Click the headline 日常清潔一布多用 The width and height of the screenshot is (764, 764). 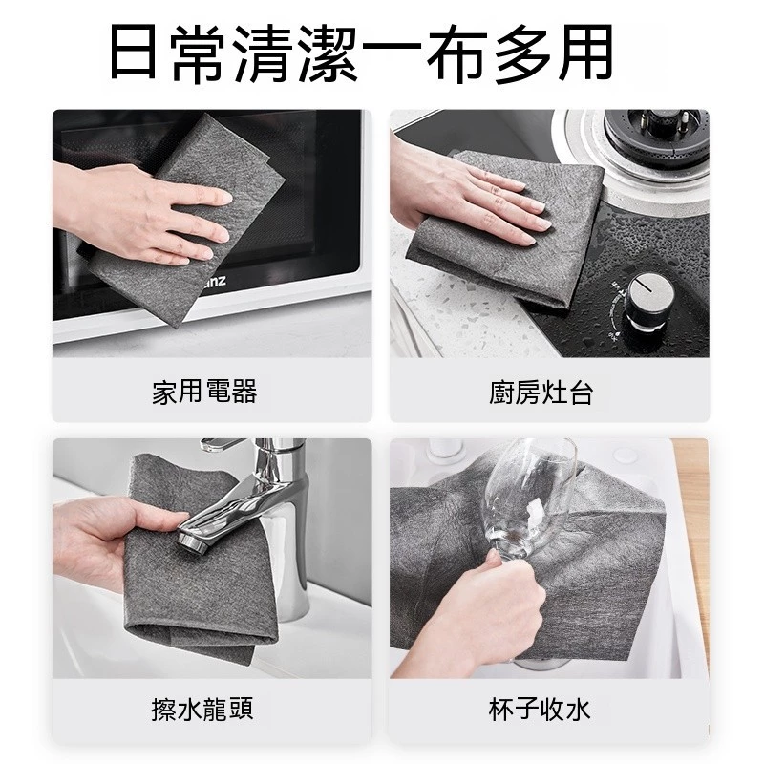click(361, 53)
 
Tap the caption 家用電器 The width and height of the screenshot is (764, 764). click(204, 392)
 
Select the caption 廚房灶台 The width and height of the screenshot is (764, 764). click(541, 393)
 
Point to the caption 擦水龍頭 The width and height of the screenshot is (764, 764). click(202, 709)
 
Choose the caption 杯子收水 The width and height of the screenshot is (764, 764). click(540, 710)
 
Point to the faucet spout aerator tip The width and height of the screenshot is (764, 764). click(193, 541)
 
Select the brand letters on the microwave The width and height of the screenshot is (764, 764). click(213, 282)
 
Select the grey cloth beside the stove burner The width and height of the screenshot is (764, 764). click(507, 229)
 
